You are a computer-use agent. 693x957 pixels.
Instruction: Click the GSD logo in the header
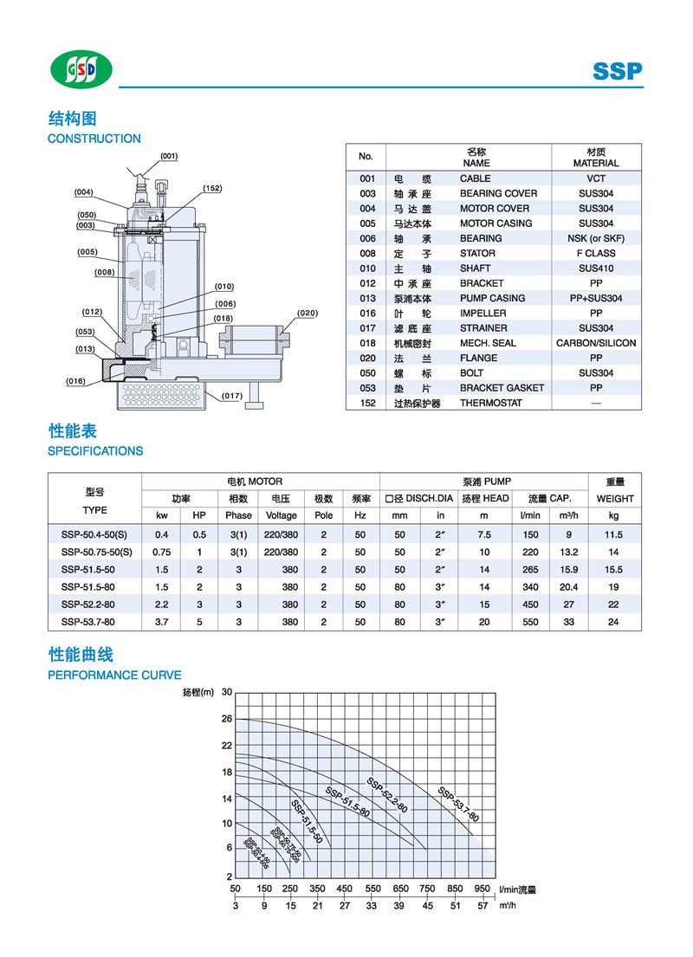tap(80, 69)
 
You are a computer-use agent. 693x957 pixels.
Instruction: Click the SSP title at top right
tap(618, 71)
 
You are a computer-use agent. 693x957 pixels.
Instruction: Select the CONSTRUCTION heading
tap(94, 139)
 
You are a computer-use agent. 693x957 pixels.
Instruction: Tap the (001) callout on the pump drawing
tap(169, 156)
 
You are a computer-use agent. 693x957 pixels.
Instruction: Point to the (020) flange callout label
tap(307, 313)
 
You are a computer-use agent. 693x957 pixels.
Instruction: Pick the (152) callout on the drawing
tap(212, 188)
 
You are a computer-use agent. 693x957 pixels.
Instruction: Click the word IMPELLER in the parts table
tap(483, 313)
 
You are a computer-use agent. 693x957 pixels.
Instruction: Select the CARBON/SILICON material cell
tap(596, 343)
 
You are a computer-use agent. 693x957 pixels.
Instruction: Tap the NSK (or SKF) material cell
tap(596, 238)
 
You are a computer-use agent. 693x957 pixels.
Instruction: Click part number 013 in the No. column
tap(367, 298)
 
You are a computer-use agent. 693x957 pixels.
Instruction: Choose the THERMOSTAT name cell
tap(490, 403)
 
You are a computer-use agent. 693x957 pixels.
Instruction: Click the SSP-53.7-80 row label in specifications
tap(88, 622)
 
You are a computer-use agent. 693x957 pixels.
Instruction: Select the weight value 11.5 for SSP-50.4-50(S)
tap(614, 535)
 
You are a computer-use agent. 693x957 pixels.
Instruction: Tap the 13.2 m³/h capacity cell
tap(567, 552)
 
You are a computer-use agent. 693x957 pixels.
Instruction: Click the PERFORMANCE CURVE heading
tap(114, 675)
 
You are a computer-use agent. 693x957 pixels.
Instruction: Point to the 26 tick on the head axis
tap(227, 719)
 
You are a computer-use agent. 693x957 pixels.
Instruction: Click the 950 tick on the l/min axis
tap(482, 889)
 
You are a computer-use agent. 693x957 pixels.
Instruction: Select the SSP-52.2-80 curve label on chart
tap(386, 794)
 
